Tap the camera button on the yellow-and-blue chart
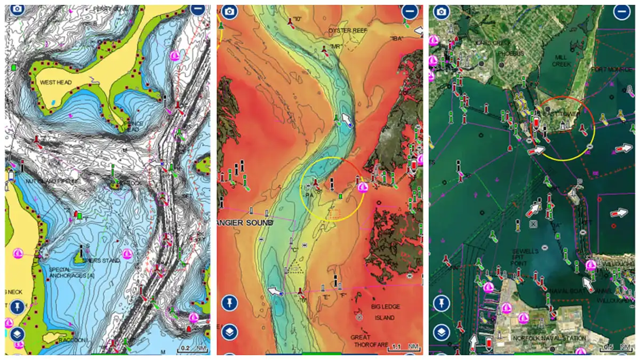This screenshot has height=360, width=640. [18, 10]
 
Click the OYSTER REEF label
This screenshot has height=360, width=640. [348, 30]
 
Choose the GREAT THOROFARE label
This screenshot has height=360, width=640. [367, 341]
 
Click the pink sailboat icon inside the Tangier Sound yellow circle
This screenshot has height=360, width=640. [363, 187]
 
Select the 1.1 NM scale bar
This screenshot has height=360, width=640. [404, 347]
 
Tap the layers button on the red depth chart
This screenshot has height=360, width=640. [230, 332]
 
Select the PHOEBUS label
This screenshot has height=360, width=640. [511, 53]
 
